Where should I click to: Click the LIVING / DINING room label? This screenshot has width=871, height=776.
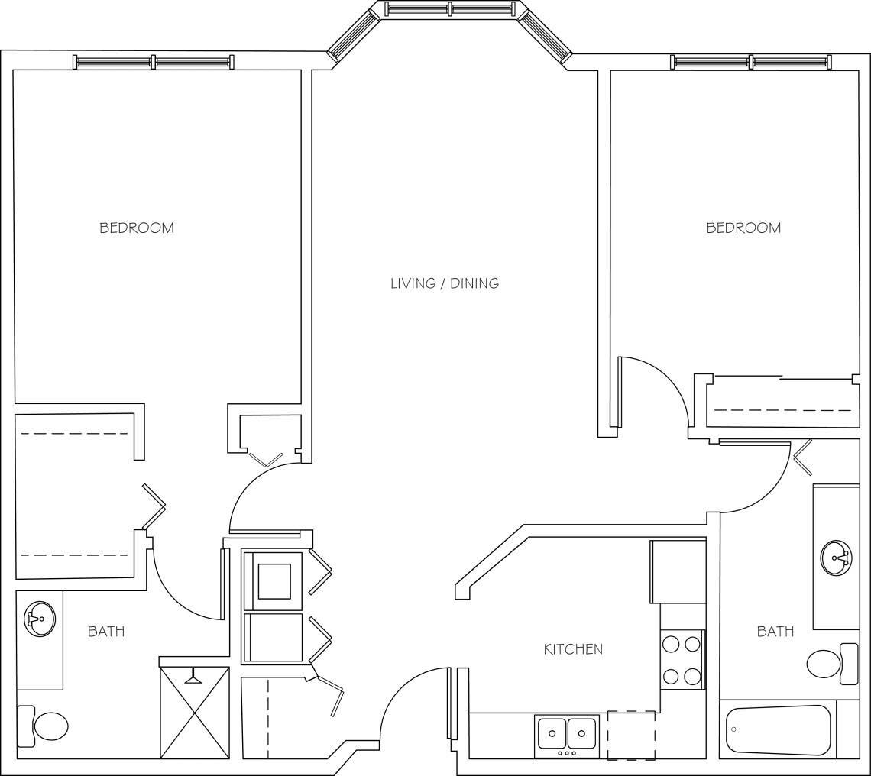pyautogui.click(x=444, y=283)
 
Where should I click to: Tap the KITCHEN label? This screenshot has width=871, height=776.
pyautogui.click(x=573, y=649)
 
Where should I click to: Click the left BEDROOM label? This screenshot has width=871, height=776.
pyautogui.click(x=137, y=228)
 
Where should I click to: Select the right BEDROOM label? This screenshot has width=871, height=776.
pyautogui.click(x=743, y=228)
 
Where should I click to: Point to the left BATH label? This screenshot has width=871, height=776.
pyautogui.click(x=106, y=632)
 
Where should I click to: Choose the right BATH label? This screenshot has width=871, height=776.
pyautogui.click(x=775, y=632)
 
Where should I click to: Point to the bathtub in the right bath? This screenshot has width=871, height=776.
pyautogui.click(x=778, y=730)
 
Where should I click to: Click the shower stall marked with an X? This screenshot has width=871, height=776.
pyautogui.click(x=195, y=713)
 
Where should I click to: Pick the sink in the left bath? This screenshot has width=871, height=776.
pyautogui.click(x=39, y=618)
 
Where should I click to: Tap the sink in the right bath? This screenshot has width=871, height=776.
pyautogui.click(x=837, y=558)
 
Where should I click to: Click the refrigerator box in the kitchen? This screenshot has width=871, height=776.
pyautogui.click(x=678, y=571)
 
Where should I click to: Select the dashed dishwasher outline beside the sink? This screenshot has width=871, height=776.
pyautogui.click(x=631, y=735)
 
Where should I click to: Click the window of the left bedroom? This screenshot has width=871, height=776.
pyautogui.click(x=154, y=62)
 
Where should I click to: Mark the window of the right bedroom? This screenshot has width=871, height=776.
pyautogui.click(x=751, y=62)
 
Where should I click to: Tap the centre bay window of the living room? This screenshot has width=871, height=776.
pyautogui.click(x=450, y=9)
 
